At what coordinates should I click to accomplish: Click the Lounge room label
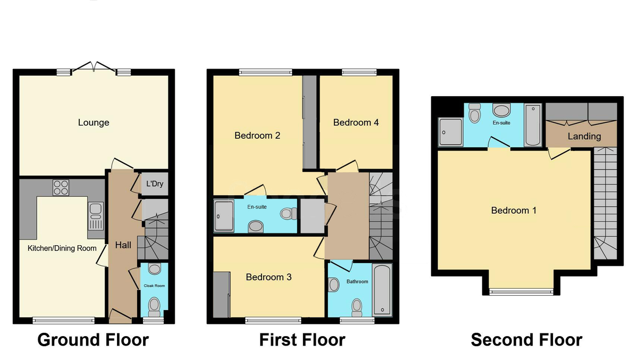point(94,122)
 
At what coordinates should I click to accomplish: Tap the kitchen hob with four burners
point(61,188)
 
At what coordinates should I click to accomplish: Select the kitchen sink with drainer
point(96,216)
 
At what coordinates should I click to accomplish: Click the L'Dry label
point(155,183)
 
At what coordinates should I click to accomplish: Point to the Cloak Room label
point(154,286)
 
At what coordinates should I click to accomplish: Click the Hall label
point(123,245)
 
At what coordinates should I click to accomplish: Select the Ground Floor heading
point(93,340)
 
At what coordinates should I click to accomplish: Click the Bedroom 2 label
point(257,135)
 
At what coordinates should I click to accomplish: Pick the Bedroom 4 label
point(356,122)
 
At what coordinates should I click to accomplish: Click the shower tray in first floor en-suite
point(224,216)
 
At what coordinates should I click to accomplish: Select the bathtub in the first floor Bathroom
point(382,290)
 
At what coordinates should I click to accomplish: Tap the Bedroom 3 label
point(268,277)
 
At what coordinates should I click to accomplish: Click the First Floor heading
point(302,340)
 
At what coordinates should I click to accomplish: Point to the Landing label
point(584,136)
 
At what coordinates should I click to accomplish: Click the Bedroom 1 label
point(514,211)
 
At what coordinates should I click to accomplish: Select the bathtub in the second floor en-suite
point(533,125)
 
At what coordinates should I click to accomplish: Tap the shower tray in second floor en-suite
point(450,132)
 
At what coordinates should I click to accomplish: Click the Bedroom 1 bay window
point(521,291)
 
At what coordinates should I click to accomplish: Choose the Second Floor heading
point(526,340)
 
